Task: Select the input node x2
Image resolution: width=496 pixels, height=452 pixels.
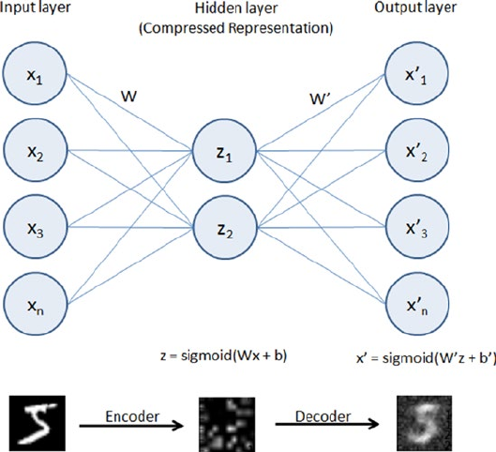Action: [x=36, y=150]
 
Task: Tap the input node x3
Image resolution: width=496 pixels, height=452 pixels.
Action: [x=36, y=227]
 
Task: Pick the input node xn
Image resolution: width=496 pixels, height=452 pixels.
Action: [x=36, y=304]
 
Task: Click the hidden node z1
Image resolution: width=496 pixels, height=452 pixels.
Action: [x=224, y=151]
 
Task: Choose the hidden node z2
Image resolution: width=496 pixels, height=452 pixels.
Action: [x=225, y=228]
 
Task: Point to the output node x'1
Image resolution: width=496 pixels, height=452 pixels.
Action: [x=416, y=73]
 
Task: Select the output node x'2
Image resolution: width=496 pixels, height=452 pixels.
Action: [x=417, y=150]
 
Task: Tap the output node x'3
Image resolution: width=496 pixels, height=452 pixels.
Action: [x=417, y=227]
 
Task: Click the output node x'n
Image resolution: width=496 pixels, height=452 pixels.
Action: [x=417, y=304]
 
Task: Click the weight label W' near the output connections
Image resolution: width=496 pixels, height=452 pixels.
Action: [x=320, y=99]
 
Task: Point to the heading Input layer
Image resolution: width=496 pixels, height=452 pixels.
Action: [x=35, y=7]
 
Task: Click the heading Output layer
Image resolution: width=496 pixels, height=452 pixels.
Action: [x=415, y=7]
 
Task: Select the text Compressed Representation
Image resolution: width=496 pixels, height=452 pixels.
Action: [x=236, y=28]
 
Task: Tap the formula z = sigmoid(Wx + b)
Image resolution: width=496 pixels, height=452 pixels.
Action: [x=224, y=356]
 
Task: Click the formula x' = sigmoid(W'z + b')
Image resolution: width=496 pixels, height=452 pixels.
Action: [x=426, y=358]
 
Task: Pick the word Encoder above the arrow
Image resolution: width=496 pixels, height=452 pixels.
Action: [x=132, y=416]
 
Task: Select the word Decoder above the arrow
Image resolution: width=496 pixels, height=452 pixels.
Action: [x=323, y=416]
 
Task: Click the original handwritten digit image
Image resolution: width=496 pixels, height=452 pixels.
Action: [x=38, y=423]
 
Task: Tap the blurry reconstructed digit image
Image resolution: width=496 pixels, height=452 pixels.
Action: [x=425, y=423]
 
